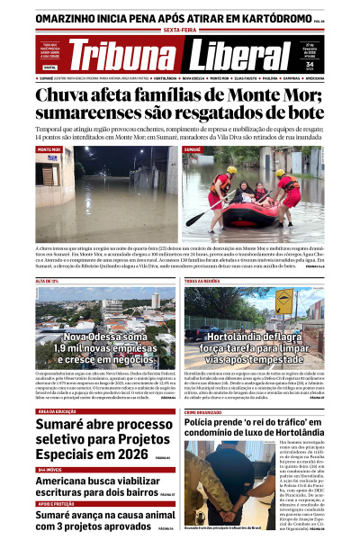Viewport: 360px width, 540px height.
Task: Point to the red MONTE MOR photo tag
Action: [x=49, y=149]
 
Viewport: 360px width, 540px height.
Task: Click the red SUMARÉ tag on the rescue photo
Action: [x=193, y=149]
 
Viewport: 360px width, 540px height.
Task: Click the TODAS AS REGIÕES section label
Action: [x=202, y=282]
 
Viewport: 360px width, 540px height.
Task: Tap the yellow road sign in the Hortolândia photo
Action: [x=283, y=304]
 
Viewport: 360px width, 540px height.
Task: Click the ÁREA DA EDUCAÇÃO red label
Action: [x=62, y=411]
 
